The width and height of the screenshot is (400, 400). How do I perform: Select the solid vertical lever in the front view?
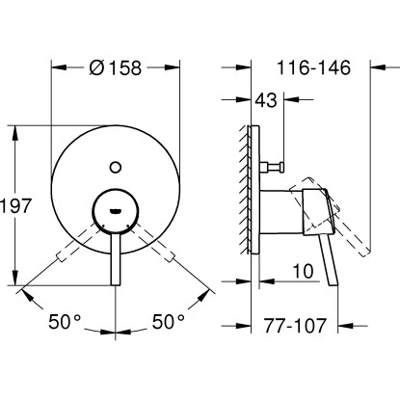pos(116,255)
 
